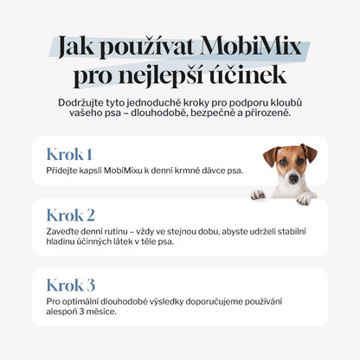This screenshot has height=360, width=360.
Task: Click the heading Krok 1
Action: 69,155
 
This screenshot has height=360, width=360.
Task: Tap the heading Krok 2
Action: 71,215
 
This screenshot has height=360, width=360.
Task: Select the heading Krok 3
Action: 71,285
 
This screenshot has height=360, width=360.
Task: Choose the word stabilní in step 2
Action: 288,231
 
